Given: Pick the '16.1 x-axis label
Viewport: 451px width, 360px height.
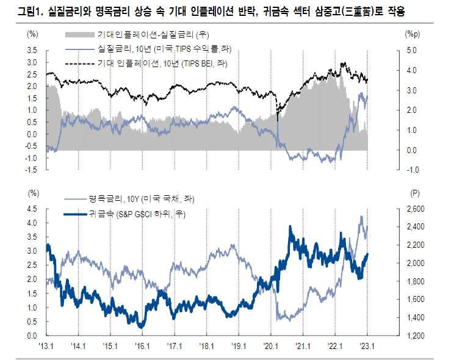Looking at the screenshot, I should click(x=142, y=345).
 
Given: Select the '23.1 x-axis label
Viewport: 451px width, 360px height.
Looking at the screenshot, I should click(x=367, y=345).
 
